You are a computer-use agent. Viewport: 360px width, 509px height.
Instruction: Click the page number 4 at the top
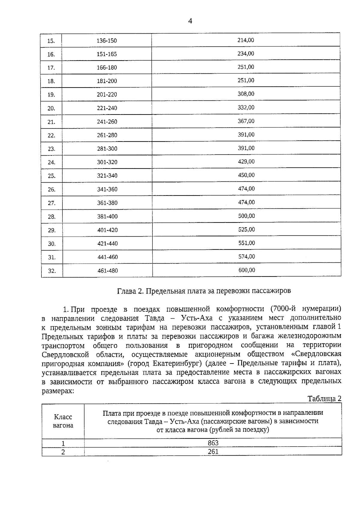190,21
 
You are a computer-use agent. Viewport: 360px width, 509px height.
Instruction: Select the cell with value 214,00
246,40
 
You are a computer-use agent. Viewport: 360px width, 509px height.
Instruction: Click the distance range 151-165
106,54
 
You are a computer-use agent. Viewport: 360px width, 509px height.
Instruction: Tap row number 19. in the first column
51,95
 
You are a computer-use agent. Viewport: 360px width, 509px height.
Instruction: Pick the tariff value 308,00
246,94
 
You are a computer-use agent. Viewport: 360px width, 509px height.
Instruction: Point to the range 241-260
107,122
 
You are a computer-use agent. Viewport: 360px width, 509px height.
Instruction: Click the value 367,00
246,121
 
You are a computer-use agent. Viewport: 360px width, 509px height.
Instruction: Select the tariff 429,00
246,161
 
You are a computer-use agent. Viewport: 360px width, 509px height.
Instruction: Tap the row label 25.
52,176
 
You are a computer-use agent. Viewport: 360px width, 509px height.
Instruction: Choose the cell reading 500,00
246,216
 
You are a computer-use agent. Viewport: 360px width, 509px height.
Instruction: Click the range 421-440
107,244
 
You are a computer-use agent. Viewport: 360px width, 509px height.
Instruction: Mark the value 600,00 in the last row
247,270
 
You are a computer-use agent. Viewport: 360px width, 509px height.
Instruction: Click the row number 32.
52,271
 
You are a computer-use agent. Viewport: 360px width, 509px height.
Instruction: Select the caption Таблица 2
324,399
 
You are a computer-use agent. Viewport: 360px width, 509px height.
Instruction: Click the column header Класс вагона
63,421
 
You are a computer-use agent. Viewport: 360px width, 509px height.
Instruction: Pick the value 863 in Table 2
213,443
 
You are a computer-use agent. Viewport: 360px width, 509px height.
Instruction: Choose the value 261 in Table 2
213,451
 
